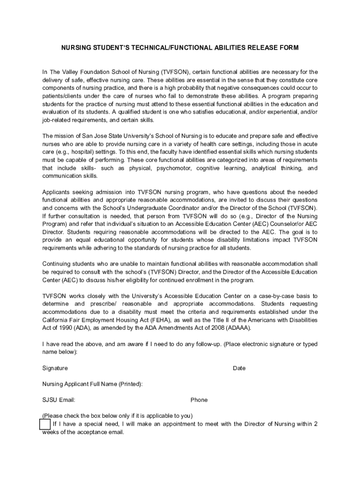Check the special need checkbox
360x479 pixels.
click(x=45, y=424)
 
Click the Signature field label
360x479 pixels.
click(x=55, y=368)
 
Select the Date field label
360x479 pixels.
click(x=239, y=368)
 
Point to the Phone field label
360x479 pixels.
click(x=199, y=400)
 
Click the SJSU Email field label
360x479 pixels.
click(x=59, y=400)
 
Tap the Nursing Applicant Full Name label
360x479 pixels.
click(x=93, y=384)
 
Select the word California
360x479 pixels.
click(x=56, y=320)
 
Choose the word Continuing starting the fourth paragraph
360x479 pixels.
click(x=57, y=264)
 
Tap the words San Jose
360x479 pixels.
click(x=87, y=136)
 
